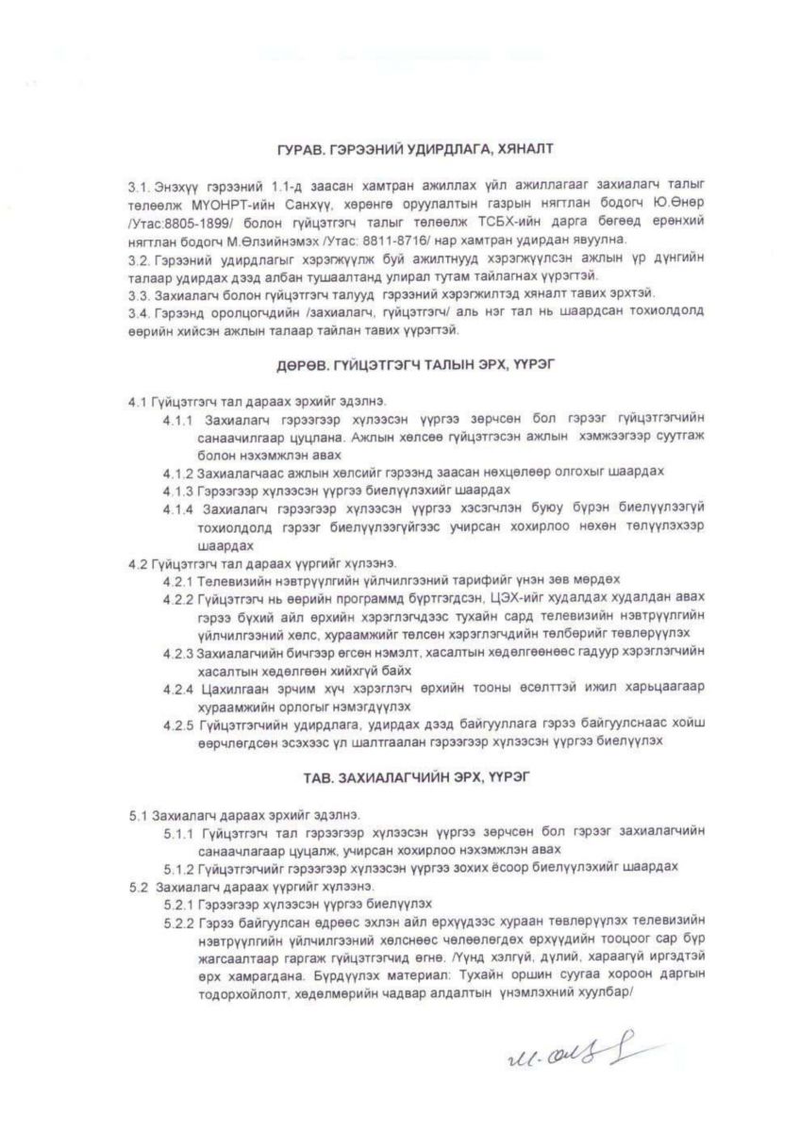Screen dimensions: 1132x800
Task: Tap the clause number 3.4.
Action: [x=139, y=311]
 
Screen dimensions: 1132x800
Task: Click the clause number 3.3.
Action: [x=139, y=295]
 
